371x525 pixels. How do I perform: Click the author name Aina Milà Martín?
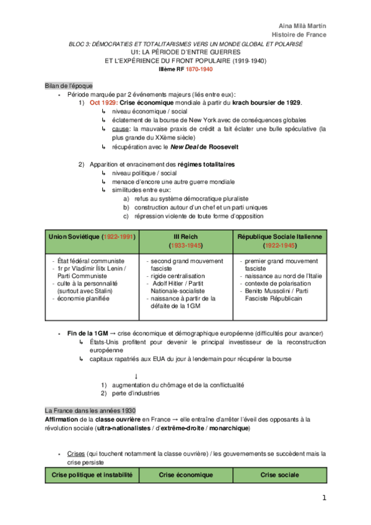click(305, 25)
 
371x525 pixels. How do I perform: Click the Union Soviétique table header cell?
click(91, 237)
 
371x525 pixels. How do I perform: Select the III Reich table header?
click(185, 237)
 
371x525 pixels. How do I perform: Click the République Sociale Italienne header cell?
click(280, 237)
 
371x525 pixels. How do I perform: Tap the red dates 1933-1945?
click(185, 246)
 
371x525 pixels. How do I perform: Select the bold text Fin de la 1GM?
click(91, 333)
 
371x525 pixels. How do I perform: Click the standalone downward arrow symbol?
click(136, 376)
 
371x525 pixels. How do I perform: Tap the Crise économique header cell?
click(186, 474)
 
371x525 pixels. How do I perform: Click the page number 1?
click(323, 498)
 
